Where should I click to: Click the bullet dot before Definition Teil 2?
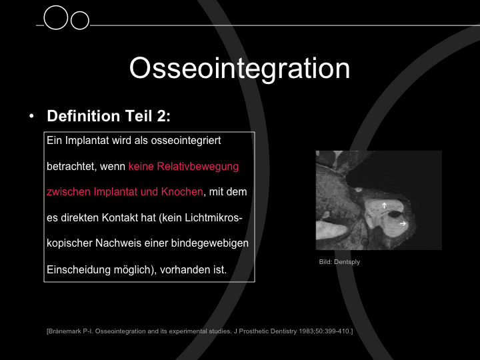31,116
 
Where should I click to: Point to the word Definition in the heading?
83,116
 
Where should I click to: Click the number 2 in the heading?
161,116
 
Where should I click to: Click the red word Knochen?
182,191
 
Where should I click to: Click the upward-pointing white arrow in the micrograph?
384,205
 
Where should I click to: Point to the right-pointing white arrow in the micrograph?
403,223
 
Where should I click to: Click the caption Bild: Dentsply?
339,262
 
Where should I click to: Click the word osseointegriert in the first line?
186,141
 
